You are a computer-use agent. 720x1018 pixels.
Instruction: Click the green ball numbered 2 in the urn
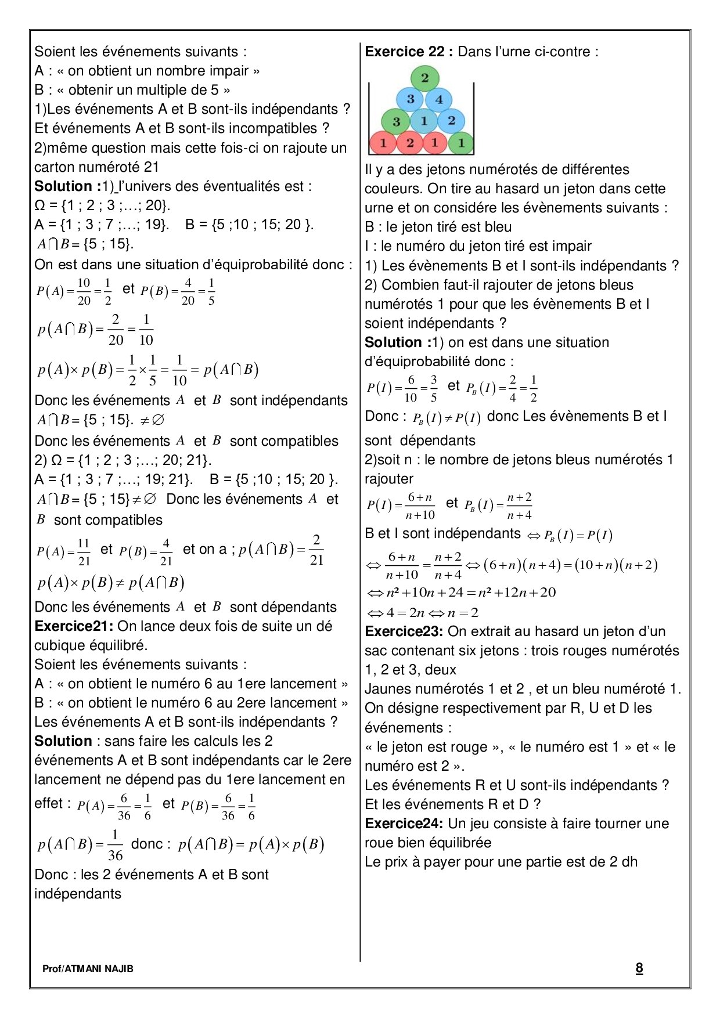424,78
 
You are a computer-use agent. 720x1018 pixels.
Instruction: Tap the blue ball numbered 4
439,99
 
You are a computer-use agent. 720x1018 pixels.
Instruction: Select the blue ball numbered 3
411,99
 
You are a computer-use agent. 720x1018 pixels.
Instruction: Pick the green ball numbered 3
396,121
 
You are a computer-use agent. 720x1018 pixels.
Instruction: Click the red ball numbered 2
410,142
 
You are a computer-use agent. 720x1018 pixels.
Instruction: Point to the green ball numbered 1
461,142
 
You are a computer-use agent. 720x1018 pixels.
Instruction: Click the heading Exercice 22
404,52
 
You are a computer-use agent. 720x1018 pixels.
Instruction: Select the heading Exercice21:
74,626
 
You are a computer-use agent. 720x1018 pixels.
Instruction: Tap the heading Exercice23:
404,631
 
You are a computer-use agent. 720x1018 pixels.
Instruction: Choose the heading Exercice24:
404,824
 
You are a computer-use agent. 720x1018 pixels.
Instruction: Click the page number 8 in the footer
639,968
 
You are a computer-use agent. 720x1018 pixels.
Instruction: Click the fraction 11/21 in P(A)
84,551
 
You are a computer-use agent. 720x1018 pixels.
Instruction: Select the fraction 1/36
115,846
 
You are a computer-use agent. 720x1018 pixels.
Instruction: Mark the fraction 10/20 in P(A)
84,291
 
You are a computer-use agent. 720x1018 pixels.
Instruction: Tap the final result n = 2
462,612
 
